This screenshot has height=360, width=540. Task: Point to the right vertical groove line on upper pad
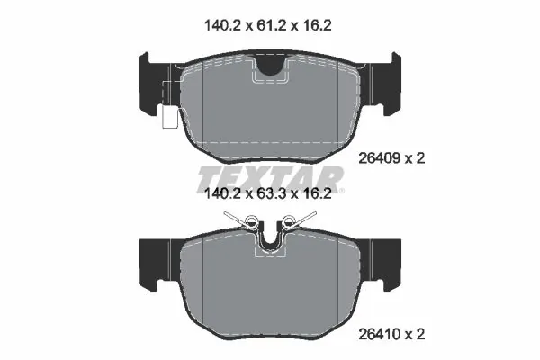coord(337,103)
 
